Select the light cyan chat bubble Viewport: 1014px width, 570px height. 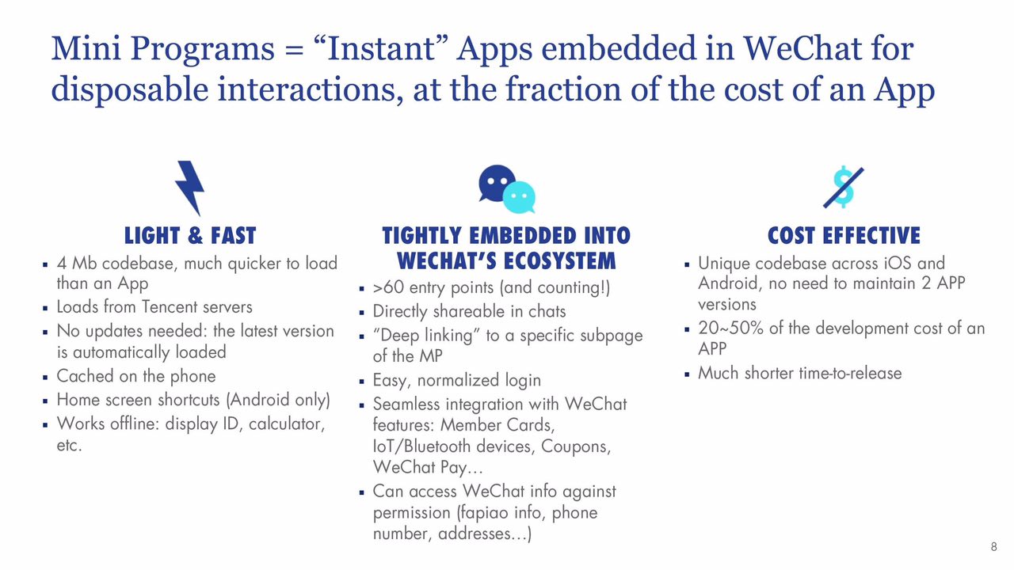(519, 197)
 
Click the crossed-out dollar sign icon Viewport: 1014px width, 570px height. (844, 187)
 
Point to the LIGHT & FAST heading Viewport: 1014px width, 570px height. (190, 236)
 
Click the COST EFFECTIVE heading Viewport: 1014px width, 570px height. (844, 236)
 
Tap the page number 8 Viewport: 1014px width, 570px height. (993, 546)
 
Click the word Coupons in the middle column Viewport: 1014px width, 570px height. (575, 446)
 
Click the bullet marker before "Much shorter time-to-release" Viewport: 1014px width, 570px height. (687, 374)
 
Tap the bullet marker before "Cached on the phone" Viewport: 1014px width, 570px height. (45, 377)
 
